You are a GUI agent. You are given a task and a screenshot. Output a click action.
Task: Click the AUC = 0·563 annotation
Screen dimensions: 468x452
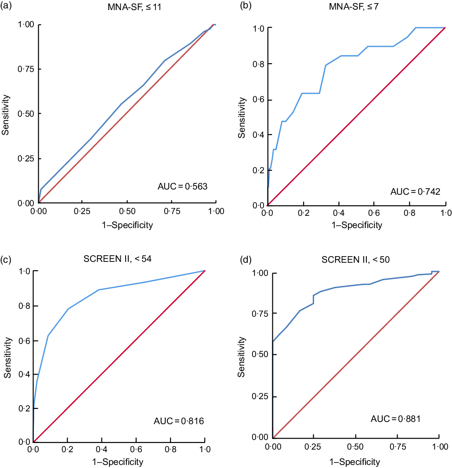click(x=182, y=186)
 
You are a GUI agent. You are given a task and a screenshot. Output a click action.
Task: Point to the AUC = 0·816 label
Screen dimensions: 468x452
click(x=179, y=422)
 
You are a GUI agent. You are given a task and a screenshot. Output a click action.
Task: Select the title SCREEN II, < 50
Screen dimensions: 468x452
click(x=356, y=259)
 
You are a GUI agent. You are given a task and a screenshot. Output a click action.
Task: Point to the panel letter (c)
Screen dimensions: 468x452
click(x=7, y=258)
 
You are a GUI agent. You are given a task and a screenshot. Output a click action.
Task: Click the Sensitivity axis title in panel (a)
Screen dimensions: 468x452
click(x=6, y=114)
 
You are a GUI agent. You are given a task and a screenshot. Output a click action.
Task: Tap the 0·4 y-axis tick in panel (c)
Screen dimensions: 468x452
click(x=25, y=374)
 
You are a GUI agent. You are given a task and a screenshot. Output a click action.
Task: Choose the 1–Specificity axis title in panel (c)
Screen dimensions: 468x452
click(x=118, y=461)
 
